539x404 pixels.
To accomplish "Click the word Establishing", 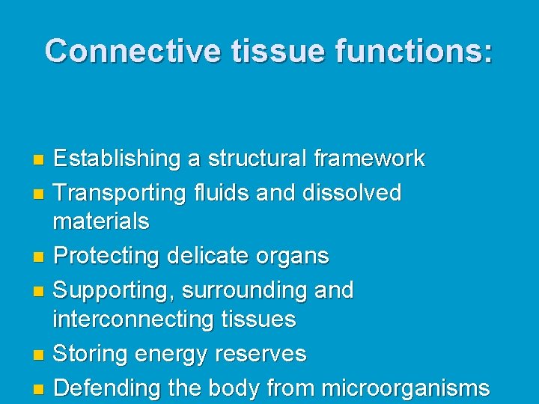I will point(117,159).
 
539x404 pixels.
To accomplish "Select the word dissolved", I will point(352,193).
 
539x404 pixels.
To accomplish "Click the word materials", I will point(101,221).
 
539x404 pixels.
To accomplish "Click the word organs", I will point(291,256).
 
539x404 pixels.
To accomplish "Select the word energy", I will point(173,354).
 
